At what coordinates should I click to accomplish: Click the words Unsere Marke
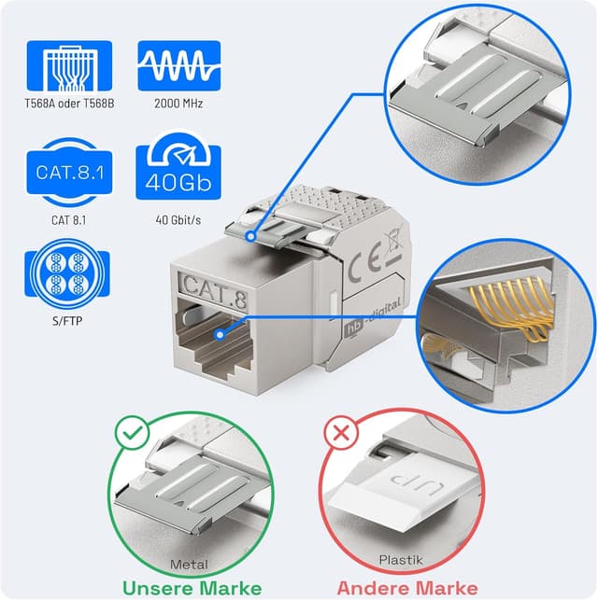[x=191, y=587]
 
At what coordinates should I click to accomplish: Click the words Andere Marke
[x=406, y=587]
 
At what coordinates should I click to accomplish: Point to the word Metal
[x=191, y=564]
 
